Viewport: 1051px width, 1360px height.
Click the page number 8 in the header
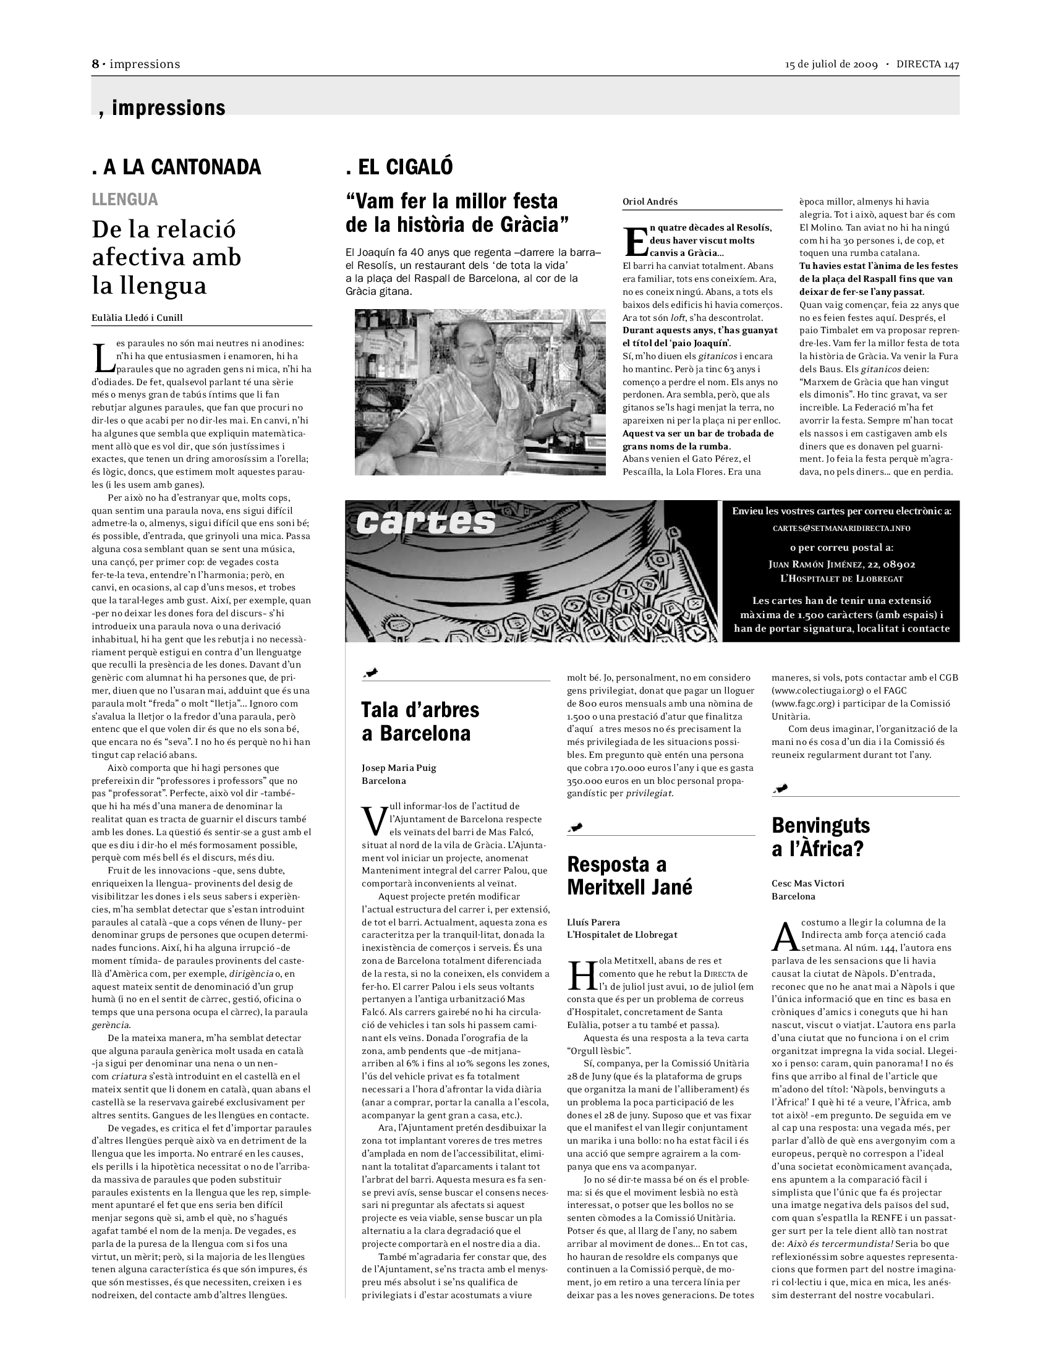[x=96, y=64]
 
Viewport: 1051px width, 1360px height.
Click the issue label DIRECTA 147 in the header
[x=927, y=64]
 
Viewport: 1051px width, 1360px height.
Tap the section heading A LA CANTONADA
[x=176, y=167]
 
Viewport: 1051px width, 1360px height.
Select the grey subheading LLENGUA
[x=124, y=199]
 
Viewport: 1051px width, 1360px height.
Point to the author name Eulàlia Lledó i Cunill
[x=137, y=318]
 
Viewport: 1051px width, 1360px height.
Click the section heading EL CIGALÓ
[x=399, y=167]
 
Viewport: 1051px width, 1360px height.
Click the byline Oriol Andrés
[x=650, y=202]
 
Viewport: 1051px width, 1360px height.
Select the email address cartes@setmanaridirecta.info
[x=841, y=528]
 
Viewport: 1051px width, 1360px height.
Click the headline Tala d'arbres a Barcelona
[x=420, y=721]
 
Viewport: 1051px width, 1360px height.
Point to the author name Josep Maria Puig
[x=399, y=768]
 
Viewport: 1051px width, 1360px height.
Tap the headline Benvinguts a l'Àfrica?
[x=820, y=837]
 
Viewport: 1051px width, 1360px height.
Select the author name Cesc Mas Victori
[x=807, y=883]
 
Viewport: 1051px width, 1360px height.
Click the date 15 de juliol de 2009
[x=831, y=64]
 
